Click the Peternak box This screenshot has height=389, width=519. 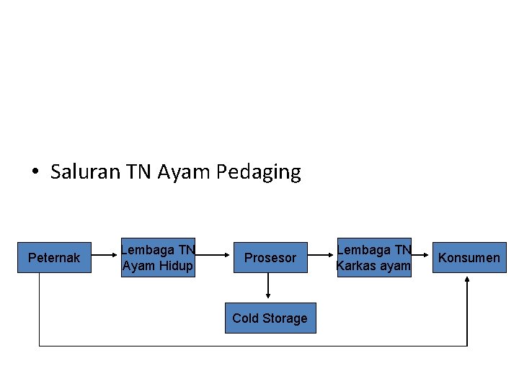[x=54, y=258]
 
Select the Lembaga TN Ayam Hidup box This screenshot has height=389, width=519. [x=158, y=258]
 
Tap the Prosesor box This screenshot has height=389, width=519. [x=270, y=258]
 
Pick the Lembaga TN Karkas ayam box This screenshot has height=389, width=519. [x=373, y=258]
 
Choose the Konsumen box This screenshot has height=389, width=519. [x=469, y=258]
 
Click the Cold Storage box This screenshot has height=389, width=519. [x=270, y=318]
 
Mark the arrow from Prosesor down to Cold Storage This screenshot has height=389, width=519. [x=268, y=286]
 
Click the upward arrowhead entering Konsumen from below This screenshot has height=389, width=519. [x=467, y=280]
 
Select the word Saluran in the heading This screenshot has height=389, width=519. [x=86, y=172]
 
